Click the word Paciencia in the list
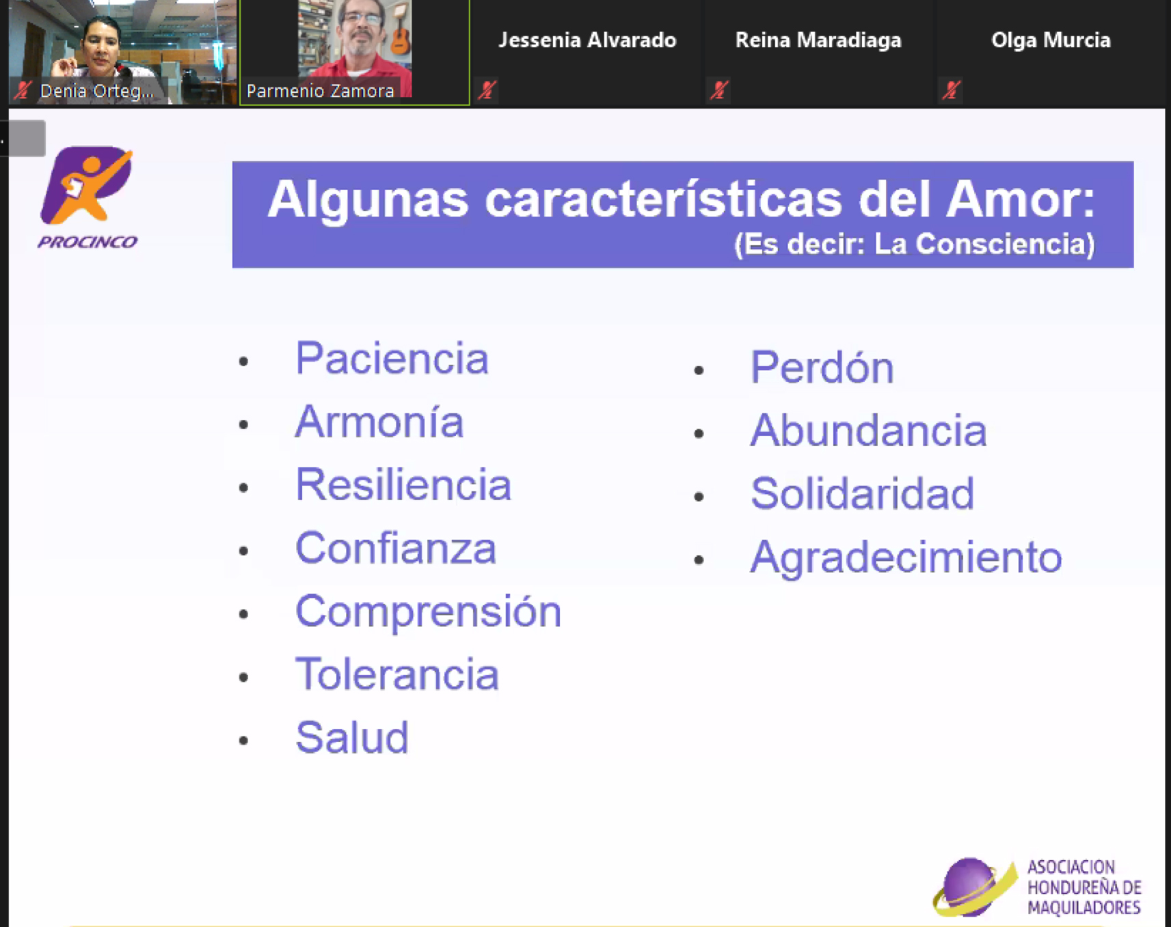(x=392, y=358)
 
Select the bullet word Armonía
(x=379, y=421)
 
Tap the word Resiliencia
(x=403, y=484)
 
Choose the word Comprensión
(x=429, y=612)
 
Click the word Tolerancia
(x=397, y=674)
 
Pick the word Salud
(x=352, y=737)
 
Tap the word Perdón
(x=822, y=367)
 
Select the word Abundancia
(x=869, y=430)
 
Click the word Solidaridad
(x=863, y=493)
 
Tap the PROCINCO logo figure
(x=88, y=185)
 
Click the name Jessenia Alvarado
(x=587, y=40)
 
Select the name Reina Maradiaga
(x=818, y=40)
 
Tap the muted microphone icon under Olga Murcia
(x=951, y=90)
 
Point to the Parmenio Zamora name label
(x=320, y=91)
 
